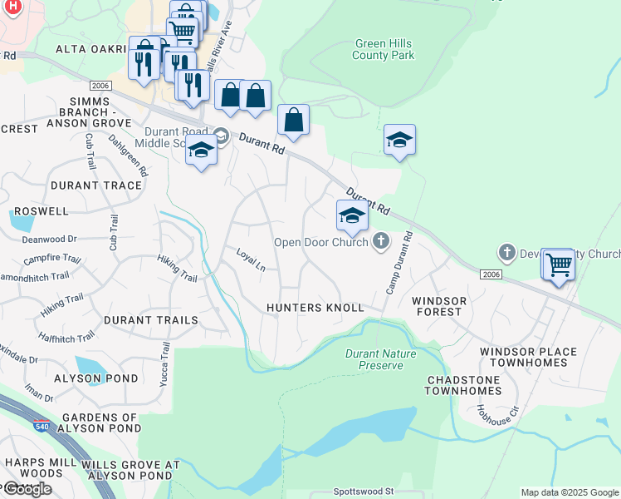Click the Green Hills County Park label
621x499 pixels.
[x=383, y=50]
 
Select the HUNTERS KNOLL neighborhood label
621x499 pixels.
[x=315, y=308]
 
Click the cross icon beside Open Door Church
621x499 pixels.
[x=381, y=242]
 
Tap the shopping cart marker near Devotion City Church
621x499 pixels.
[x=559, y=265]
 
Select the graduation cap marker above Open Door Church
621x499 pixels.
[x=351, y=216]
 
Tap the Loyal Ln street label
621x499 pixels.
[x=251, y=259]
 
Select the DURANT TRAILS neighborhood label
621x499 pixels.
[x=151, y=320]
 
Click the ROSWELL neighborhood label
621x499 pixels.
[x=35, y=211]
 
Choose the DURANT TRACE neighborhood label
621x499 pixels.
[x=96, y=185]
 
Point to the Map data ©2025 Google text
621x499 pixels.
[x=570, y=492]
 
